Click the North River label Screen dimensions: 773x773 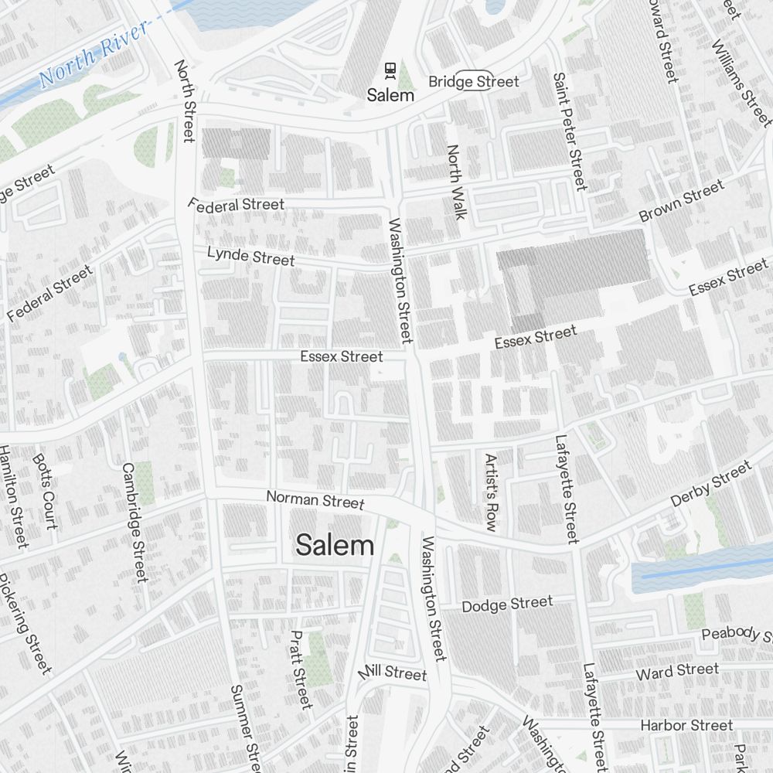(93, 54)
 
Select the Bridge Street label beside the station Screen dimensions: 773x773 (473, 81)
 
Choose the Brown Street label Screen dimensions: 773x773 (682, 201)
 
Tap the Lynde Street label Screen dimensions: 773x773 (250, 255)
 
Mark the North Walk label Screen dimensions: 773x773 (456, 182)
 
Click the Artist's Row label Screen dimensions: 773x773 (490, 492)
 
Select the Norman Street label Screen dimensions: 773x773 (315, 499)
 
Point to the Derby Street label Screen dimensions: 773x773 (710, 484)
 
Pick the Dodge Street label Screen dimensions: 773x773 (507, 604)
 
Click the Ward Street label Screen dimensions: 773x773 (677, 672)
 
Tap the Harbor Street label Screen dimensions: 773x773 (686, 725)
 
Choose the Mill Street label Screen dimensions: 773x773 (393, 672)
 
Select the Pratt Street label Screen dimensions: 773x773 (301, 669)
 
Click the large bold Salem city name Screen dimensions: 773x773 (335, 545)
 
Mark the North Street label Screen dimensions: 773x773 (184, 101)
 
